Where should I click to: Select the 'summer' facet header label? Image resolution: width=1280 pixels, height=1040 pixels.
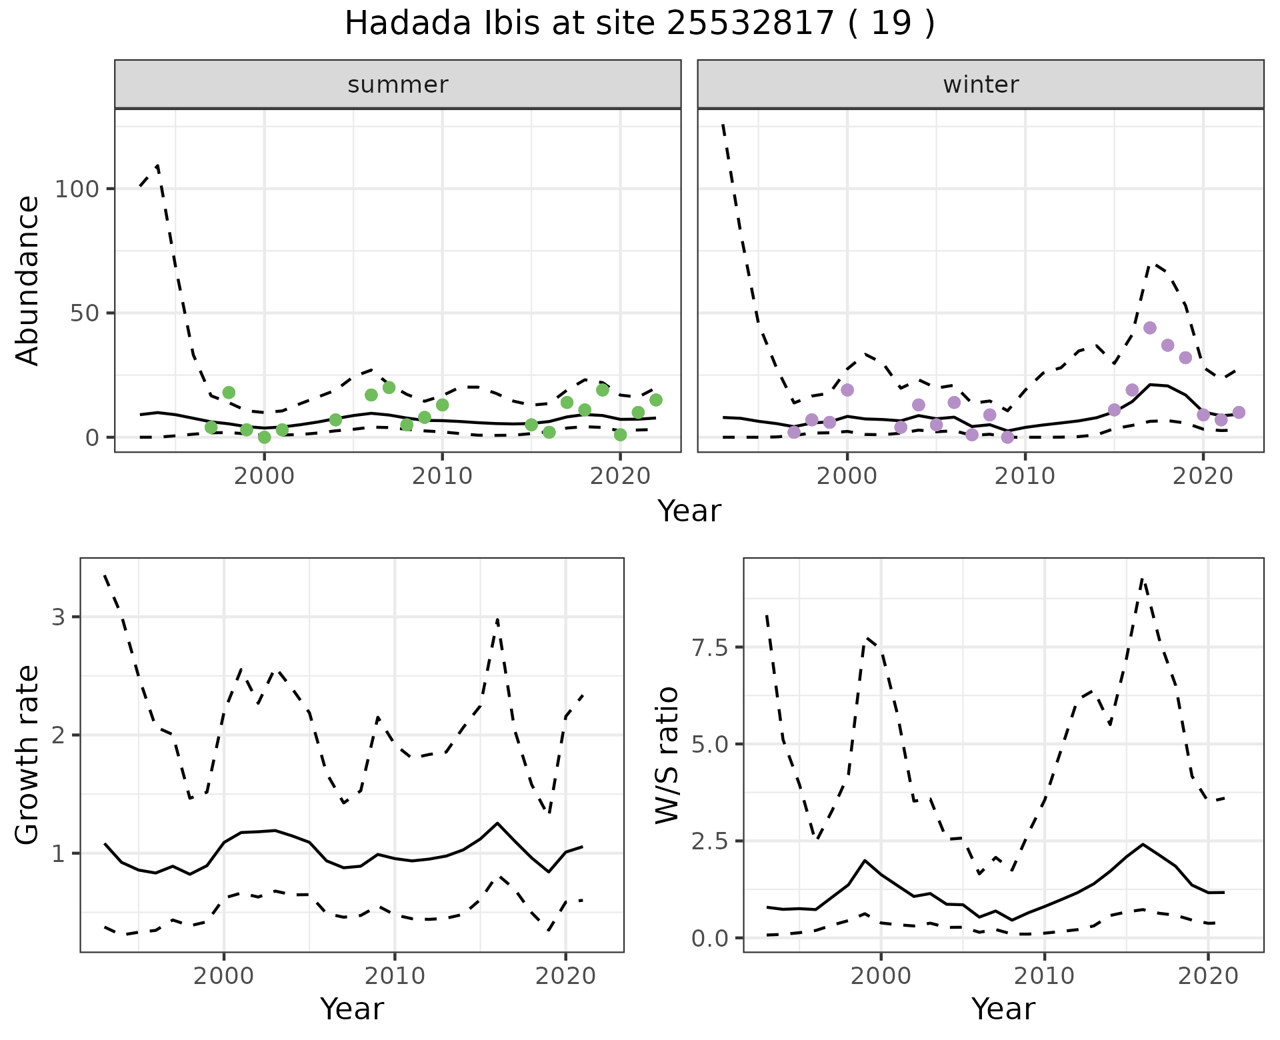[398, 85]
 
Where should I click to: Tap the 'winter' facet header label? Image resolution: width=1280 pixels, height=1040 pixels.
[981, 85]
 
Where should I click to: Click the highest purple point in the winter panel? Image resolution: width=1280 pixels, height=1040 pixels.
[1149, 328]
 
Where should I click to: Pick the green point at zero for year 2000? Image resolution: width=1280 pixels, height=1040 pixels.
[265, 437]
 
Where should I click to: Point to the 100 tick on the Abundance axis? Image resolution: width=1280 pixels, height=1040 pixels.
[78, 189]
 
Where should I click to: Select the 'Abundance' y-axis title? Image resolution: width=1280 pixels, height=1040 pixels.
[28, 281]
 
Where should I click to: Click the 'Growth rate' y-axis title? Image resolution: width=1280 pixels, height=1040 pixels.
[28, 755]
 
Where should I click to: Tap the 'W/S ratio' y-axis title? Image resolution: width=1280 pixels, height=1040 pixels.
[667, 755]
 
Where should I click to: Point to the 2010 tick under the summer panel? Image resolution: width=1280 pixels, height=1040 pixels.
[442, 476]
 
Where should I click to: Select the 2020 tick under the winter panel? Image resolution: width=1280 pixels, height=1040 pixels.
[1203, 476]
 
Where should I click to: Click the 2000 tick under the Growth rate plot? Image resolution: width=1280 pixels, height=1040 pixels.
[224, 976]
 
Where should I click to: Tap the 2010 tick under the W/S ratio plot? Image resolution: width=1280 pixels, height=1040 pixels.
[1044, 976]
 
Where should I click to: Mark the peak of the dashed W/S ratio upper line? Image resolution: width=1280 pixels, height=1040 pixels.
[1142, 579]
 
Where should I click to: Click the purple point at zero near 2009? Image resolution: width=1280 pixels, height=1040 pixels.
[1007, 437]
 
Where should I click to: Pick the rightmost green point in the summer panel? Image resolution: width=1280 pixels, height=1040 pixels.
[655, 400]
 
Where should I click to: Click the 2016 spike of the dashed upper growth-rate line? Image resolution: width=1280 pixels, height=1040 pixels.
[497, 620]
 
